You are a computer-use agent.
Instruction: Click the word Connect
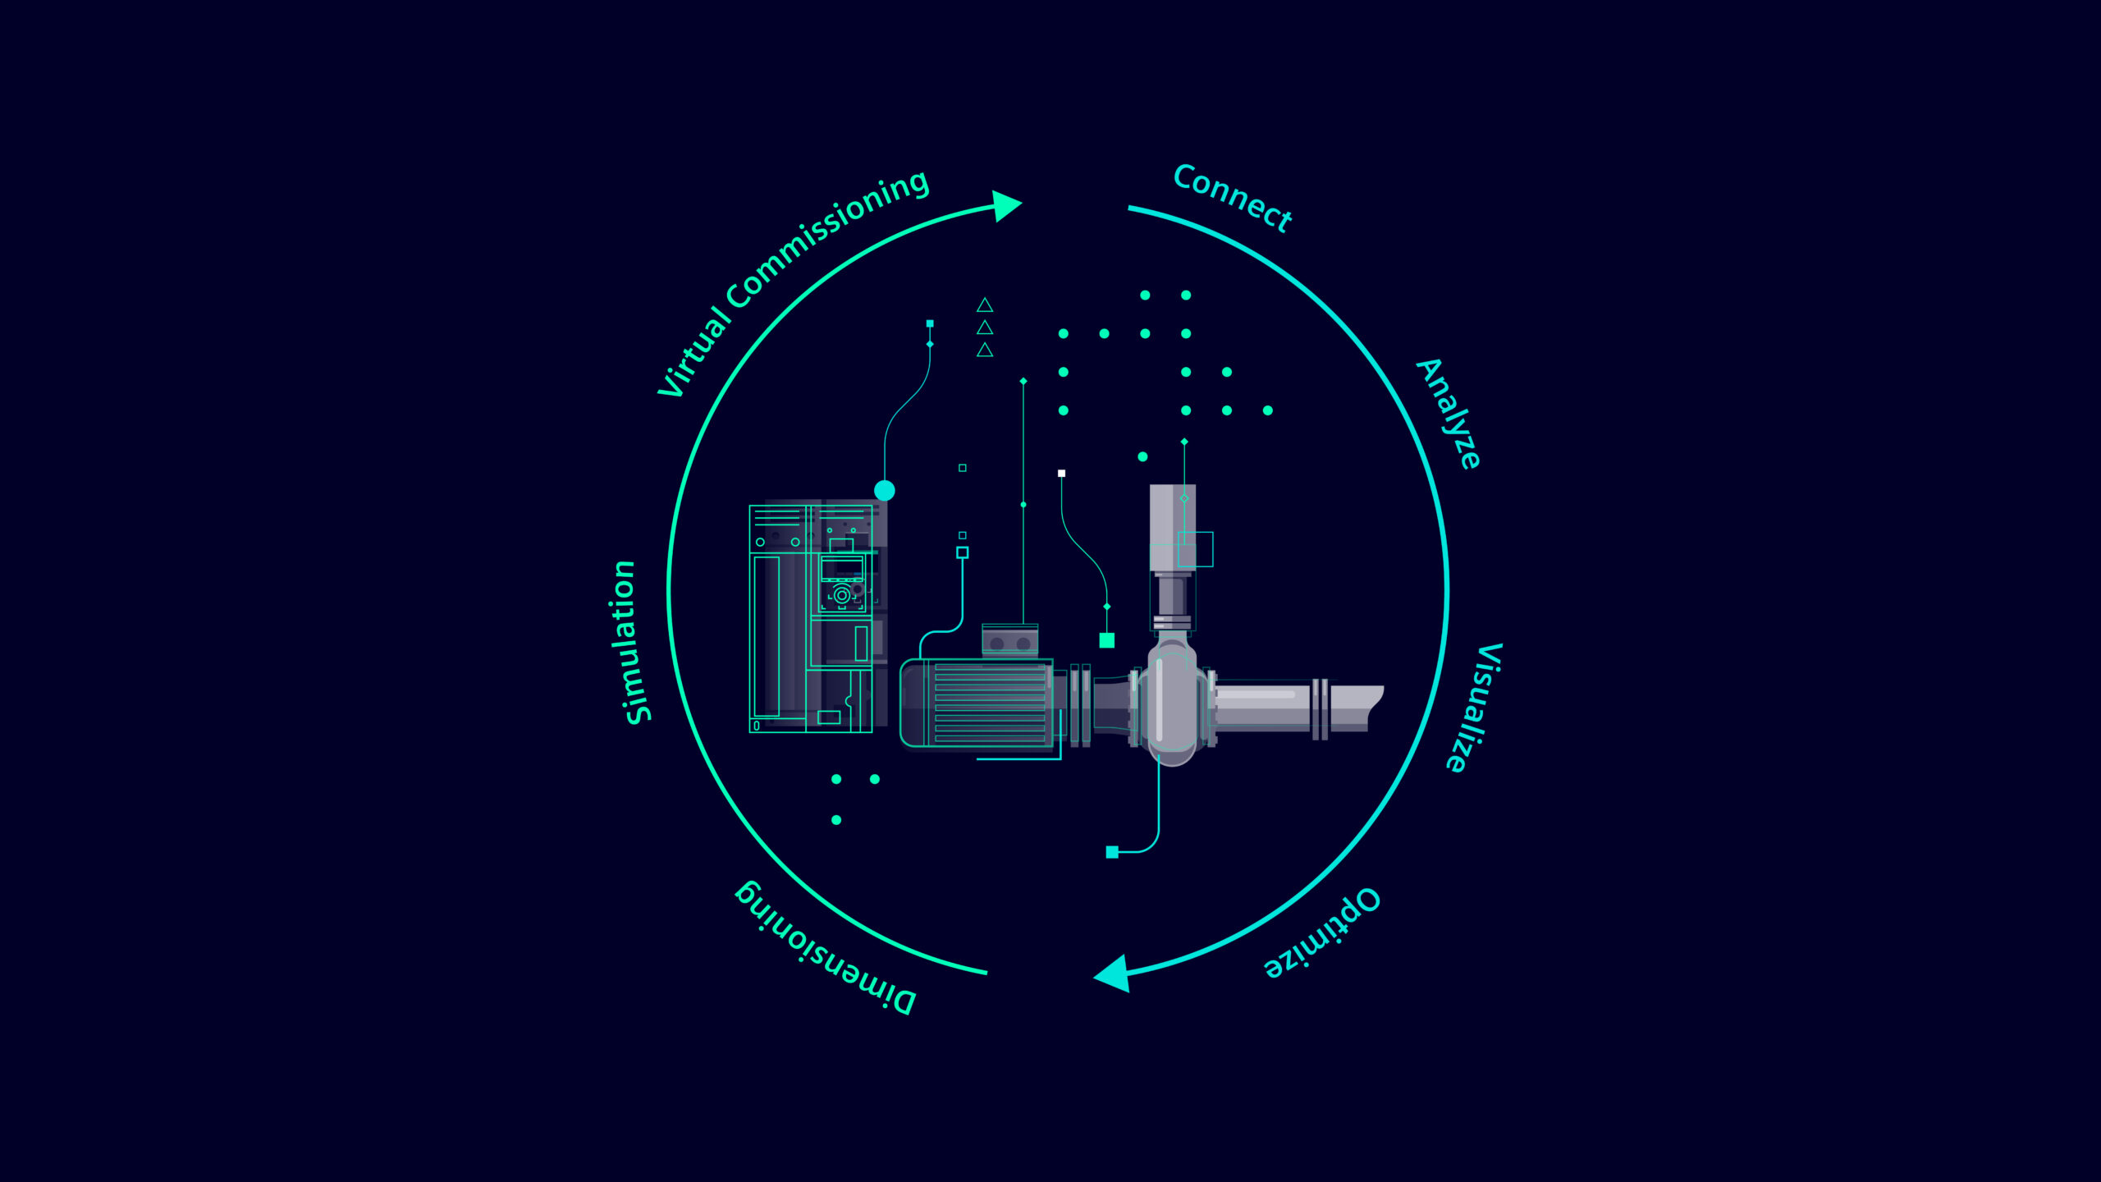coord(1233,198)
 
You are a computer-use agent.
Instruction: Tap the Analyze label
coord(1449,414)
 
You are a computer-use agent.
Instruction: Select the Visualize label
coord(1474,708)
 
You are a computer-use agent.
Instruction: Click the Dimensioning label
coord(824,948)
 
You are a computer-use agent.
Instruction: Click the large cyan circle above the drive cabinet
coord(885,491)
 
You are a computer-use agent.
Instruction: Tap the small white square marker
coord(1061,474)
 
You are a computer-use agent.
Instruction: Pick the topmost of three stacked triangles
coord(985,305)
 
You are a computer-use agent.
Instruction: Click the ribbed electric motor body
coord(977,703)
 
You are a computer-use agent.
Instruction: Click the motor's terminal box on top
coord(1010,641)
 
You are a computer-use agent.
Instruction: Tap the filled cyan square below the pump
coord(1112,852)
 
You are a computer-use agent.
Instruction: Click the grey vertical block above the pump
coord(1172,527)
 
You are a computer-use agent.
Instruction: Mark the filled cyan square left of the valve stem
coord(1106,640)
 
